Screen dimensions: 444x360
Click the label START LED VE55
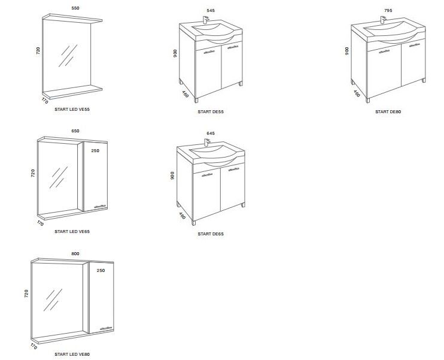tap(72, 109)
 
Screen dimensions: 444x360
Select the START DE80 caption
tap(388, 111)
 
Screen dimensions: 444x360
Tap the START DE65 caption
tap(211, 234)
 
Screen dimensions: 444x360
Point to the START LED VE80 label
tap(72, 354)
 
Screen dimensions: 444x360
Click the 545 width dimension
tap(211, 11)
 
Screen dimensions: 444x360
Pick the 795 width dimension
tap(388, 10)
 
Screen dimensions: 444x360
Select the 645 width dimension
tap(211, 133)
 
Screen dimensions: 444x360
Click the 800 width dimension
tap(75, 254)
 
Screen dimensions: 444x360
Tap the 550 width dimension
tap(75, 8)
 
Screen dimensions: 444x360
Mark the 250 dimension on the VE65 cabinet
tap(95, 150)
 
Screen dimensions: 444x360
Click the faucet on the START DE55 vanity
tap(206, 20)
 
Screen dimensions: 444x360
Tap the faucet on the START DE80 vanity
tap(383, 20)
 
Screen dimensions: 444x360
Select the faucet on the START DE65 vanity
tap(207, 143)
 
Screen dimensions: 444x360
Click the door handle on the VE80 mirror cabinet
tap(107, 328)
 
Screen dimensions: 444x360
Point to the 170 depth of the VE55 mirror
tap(45, 101)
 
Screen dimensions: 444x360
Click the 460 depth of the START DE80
tap(357, 93)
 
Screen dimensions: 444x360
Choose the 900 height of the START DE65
tap(172, 175)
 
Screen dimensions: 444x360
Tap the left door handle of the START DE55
tap(209, 52)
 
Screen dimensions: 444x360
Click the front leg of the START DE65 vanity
tap(194, 223)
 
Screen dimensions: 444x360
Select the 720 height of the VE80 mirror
tap(26, 294)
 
